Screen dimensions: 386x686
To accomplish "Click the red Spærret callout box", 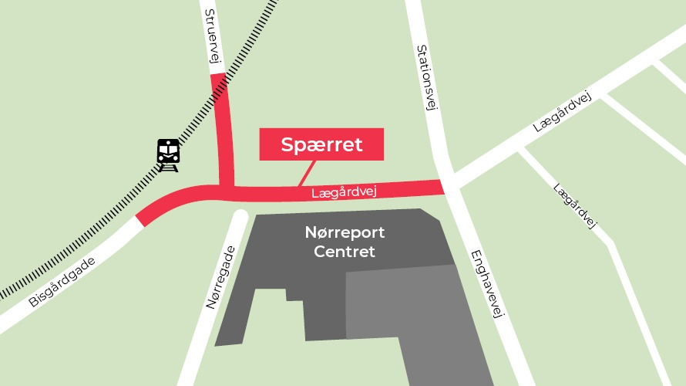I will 321,144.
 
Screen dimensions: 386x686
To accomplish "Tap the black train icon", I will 167,154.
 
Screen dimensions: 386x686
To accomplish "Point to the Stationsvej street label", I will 426,77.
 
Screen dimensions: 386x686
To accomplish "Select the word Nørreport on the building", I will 345,232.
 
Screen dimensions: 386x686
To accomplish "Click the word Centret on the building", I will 345,252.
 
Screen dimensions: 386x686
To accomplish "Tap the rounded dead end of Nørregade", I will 239,217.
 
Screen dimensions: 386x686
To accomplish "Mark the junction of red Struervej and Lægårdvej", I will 226,188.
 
